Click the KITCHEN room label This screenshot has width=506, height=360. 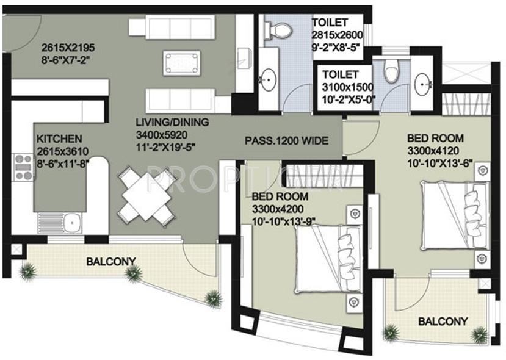tap(59, 139)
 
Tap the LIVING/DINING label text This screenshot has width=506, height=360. tap(172, 123)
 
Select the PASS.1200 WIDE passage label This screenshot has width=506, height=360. tap(286, 141)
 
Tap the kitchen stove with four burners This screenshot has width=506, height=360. tap(24, 167)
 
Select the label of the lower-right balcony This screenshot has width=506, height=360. tap(443, 321)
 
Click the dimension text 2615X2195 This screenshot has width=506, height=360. tap(68, 47)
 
